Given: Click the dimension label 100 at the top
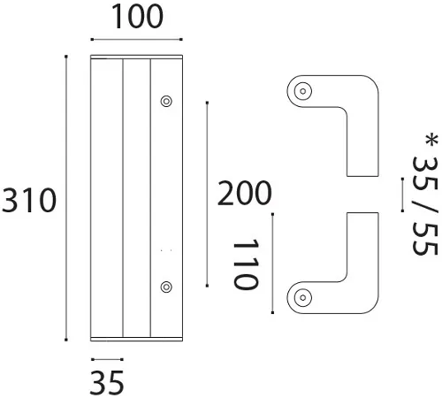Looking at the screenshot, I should [136, 17].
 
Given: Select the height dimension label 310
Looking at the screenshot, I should [29, 201].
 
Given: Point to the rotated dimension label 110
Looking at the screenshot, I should [245, 264].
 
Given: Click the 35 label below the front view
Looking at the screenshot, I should [106, 383].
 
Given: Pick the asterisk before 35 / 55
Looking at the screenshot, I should [430, 141].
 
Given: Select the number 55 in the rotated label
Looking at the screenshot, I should [427, 237].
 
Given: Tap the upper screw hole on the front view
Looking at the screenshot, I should [165, 102].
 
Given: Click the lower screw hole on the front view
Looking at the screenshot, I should [165, 286].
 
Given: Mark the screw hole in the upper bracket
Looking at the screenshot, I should [303, 90].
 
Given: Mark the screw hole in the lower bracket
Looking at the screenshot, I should [303, 297].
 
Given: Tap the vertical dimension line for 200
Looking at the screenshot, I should [206, 195].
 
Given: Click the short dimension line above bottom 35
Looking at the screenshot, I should [106, 359].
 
